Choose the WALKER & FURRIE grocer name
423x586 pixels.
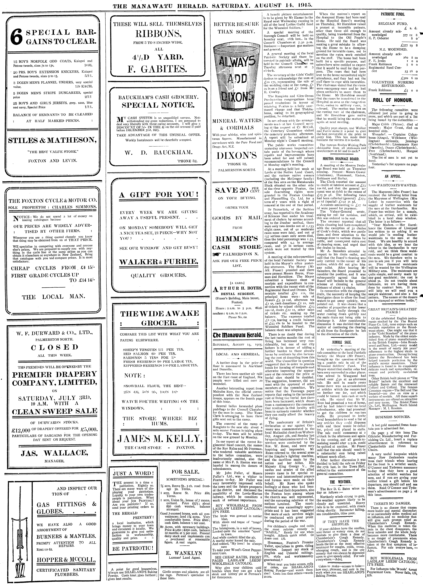(x=159, y=262)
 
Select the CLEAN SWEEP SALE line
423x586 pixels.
(x=54, y=411)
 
